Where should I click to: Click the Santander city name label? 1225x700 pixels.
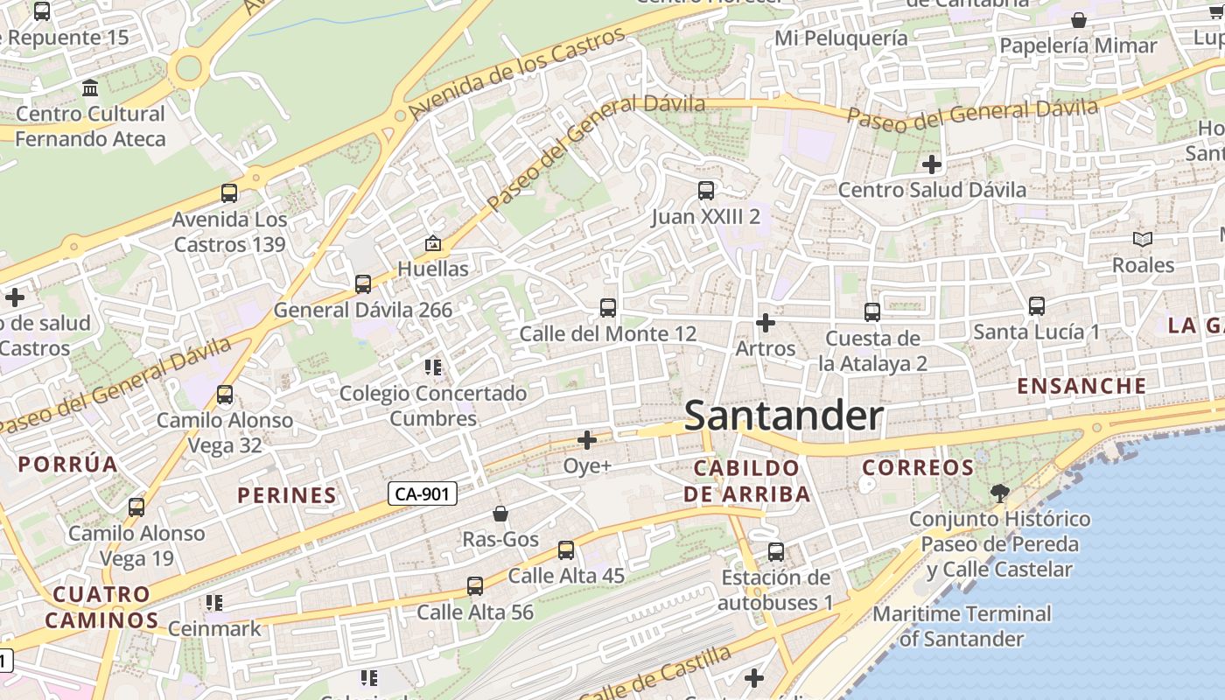click(x=783, y=416)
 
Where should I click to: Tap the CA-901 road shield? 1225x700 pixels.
click(x=422, y=494)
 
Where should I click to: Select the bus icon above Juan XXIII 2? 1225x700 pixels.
click(x=705, y=190)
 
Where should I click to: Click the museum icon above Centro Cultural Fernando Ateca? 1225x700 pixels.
click(x=90, y=88)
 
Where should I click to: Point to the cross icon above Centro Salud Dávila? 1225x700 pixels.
click(x=932, y=164)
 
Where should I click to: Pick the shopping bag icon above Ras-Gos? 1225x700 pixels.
click(x=500, y=513)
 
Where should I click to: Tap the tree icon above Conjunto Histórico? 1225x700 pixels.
click(x=999, y=493)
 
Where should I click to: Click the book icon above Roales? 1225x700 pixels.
click(x=1143, y=239)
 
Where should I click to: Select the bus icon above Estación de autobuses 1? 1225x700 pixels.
click(x=776, y=551)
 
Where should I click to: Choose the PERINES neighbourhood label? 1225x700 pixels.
click(x=287, y=495)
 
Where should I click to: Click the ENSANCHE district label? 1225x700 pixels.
click(x=1081, y=386)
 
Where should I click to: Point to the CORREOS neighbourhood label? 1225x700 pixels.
click(x=918, y=467)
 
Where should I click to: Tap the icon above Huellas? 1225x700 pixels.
click(x=432, y=242)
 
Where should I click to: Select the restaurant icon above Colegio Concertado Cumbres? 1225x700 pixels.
click(x=432, y=367)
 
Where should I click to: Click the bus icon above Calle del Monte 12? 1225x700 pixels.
click(x=608, y=307)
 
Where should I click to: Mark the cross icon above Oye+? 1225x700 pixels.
click(x=587, y=439)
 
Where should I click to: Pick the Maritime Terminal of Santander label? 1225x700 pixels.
click(x=961, y=626)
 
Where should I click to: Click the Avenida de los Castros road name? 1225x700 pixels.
click(x=518, y=73)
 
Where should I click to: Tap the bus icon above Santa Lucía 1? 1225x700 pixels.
click(x=1037, y=305)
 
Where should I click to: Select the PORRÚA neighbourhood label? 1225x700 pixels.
click(x=68, y=464)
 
